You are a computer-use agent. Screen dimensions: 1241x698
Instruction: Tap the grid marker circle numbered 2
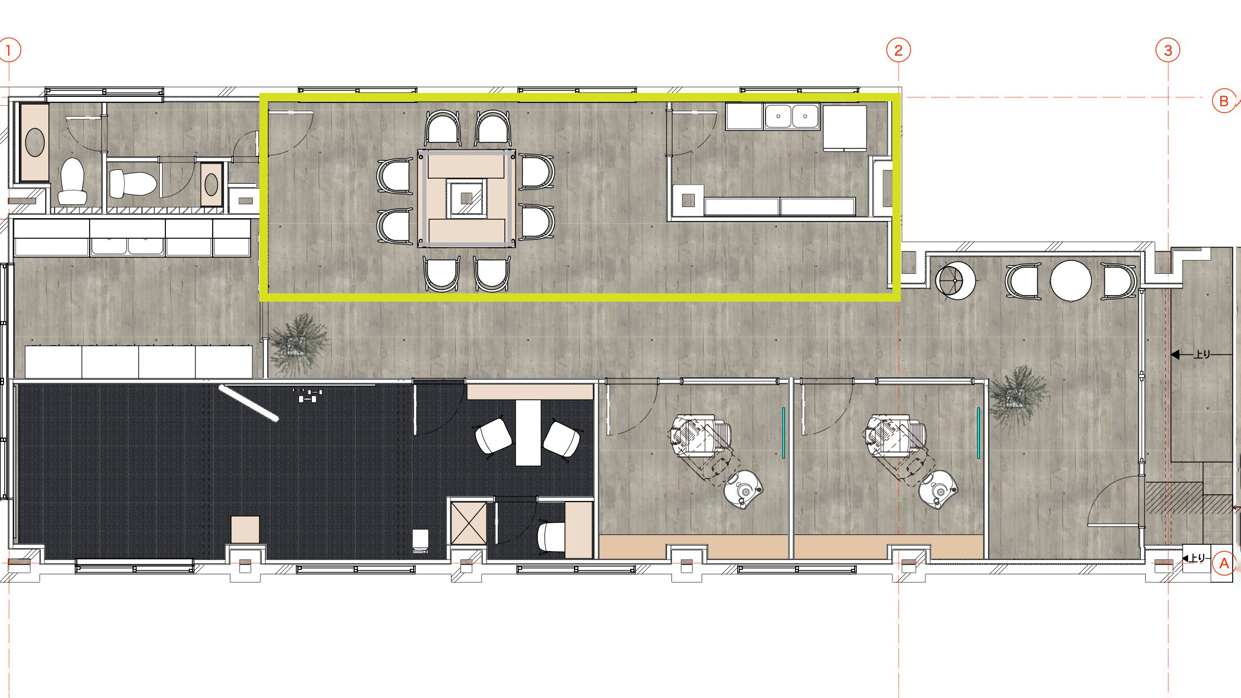coord(898,51)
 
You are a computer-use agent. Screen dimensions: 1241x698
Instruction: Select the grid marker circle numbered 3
coord(1168,51)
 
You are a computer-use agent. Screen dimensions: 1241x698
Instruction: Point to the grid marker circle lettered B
coord(1224,101)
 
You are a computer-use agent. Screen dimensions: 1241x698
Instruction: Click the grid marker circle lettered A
coord(1224,563)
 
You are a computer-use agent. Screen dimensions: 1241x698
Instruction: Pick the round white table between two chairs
coord(1070,281)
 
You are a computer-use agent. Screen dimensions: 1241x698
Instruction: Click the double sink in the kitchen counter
coord(792,117)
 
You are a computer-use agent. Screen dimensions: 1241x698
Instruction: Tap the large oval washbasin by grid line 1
coord(35,142)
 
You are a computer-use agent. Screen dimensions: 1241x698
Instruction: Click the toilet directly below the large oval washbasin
coord(72,181)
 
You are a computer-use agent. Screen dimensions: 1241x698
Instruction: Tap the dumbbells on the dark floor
coord(307,395)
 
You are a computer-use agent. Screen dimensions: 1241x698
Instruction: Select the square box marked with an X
coord(468,523)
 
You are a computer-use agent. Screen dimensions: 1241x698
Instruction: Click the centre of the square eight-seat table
coord(467,198)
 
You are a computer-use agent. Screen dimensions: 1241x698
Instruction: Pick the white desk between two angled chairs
coord(528,432)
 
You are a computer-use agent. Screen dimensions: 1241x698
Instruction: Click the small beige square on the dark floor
coord(245,529)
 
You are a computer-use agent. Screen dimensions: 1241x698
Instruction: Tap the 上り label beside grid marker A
coord(1197,558)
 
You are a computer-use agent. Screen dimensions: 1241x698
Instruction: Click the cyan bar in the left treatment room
coord(783,433)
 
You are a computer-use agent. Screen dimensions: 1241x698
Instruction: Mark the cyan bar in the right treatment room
coord(978,433)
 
